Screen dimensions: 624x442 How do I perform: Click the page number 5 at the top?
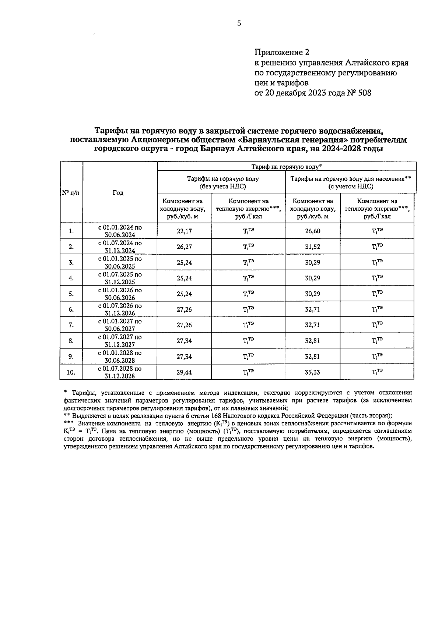click(239, 23)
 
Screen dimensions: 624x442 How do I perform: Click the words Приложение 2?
click(282, 52)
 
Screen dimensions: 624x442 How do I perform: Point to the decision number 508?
click(364, 93)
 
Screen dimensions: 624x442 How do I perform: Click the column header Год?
click(118, 193)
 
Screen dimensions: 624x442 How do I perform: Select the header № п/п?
click(70, 193)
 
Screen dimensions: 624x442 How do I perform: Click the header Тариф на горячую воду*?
click(286, 167)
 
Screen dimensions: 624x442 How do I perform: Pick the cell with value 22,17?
click(184, 231)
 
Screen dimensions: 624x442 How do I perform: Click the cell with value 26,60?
click(312, 231)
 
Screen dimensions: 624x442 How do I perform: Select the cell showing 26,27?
click(184, 247)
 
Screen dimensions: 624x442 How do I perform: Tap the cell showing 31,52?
click(312, 247)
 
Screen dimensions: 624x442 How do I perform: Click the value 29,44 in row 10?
click(184, 372)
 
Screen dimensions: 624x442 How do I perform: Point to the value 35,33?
click(312, 372)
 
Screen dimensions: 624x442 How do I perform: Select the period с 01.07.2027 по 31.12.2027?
click(119, 341)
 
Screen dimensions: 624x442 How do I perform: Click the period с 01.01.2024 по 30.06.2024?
click(119, 231)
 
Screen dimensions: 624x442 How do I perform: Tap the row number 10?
click(71, 372)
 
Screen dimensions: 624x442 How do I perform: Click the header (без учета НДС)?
click(222, 187)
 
